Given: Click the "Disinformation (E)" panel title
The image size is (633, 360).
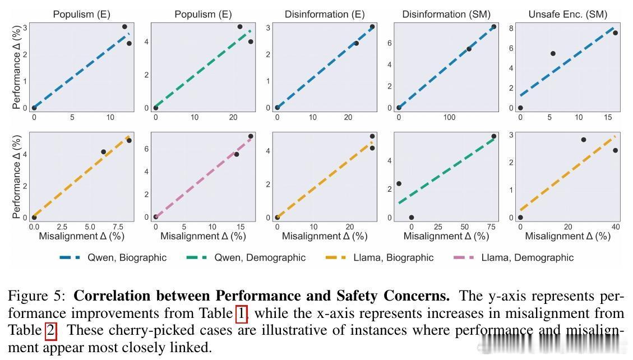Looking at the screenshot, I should pyautogui.click(x=324, y=14).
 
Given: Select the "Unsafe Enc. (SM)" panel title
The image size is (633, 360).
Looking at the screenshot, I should pyautogui.click(x=567, y=14).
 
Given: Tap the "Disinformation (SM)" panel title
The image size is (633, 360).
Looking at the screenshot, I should pyautogui.click(x=446, y=14).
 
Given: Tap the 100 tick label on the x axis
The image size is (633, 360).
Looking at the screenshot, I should pyautogui.click(x=449, y=118).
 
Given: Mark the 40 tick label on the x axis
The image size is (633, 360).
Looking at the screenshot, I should pyautogui.click(x=615, y=227).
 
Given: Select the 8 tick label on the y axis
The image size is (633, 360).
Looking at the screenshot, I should pyautogui.click(x=510, y=28).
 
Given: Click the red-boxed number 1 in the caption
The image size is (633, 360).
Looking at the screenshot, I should pyautogui.click(x=242, y=313).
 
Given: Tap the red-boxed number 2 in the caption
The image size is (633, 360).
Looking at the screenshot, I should pyautogui.click(x=50, y=330).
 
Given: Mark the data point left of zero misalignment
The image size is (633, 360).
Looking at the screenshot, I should pyautogui.click(x=399, y=183).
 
